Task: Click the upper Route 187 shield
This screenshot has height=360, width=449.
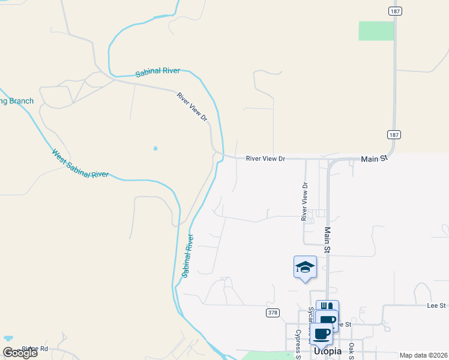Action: tap(394, 11)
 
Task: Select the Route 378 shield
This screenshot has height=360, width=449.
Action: tap(273, 313)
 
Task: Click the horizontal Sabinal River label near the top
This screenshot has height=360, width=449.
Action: tap(158, 71)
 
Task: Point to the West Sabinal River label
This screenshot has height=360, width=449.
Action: tap(80, 164)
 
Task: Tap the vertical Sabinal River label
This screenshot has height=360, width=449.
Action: tap(188, 255)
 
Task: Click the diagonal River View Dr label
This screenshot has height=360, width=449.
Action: tap(192, 107)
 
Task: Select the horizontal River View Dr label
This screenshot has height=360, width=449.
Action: tap(265, 159)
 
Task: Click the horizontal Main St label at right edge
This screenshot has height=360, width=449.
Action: tap(374, 159)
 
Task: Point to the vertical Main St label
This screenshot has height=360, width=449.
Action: tap(328, 238)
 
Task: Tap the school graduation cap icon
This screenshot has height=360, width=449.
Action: tap(305, 266)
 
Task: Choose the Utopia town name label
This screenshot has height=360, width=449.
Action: tap(328, 351)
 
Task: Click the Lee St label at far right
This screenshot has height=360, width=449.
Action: tap(436, 305)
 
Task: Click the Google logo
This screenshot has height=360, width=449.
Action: tap(20, 353)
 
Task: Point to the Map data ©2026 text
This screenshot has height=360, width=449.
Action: tap(423, 355)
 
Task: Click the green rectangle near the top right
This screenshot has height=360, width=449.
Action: tap(376, 31)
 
